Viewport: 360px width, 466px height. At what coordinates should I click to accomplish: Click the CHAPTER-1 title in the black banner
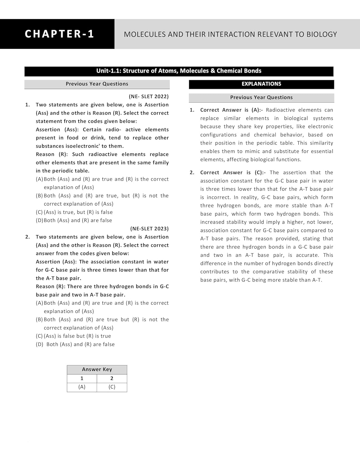59,34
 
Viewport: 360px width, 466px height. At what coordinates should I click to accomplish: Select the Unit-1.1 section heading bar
179,71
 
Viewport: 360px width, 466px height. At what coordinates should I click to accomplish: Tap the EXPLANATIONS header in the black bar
261,84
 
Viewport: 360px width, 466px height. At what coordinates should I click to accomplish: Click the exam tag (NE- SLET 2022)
148,97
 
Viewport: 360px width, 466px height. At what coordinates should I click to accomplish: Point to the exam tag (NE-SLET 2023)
149,229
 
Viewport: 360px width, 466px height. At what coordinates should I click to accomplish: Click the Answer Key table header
97,369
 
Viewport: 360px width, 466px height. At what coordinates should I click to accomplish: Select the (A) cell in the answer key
82,387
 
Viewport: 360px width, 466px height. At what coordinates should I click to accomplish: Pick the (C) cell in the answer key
112,387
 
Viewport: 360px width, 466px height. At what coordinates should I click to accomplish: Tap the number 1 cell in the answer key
82,378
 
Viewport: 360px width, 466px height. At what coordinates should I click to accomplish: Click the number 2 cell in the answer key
112,378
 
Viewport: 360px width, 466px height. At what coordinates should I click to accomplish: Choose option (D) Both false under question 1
74,221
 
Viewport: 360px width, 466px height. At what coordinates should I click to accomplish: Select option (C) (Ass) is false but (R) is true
73,336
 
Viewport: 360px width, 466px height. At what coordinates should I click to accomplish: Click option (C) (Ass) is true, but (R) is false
74,212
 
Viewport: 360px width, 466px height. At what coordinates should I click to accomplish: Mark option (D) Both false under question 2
75,345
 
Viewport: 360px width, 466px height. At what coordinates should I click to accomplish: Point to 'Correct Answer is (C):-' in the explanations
233,173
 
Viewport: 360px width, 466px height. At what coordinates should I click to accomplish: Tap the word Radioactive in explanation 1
280,110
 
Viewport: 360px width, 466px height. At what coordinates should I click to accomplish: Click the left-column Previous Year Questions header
97,84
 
